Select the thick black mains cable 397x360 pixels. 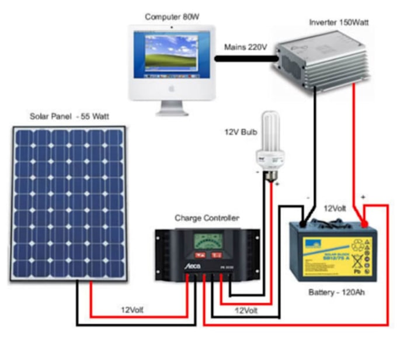[245, 58]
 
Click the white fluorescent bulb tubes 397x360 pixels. [269, 131]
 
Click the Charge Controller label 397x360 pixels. [207, 218]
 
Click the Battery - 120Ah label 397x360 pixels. [333, 292]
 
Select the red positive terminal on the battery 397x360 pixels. [364, 223]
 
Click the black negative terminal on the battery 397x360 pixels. [303, 223]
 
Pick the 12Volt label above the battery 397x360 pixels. [335, 208]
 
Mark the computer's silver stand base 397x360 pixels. [171, 110]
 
